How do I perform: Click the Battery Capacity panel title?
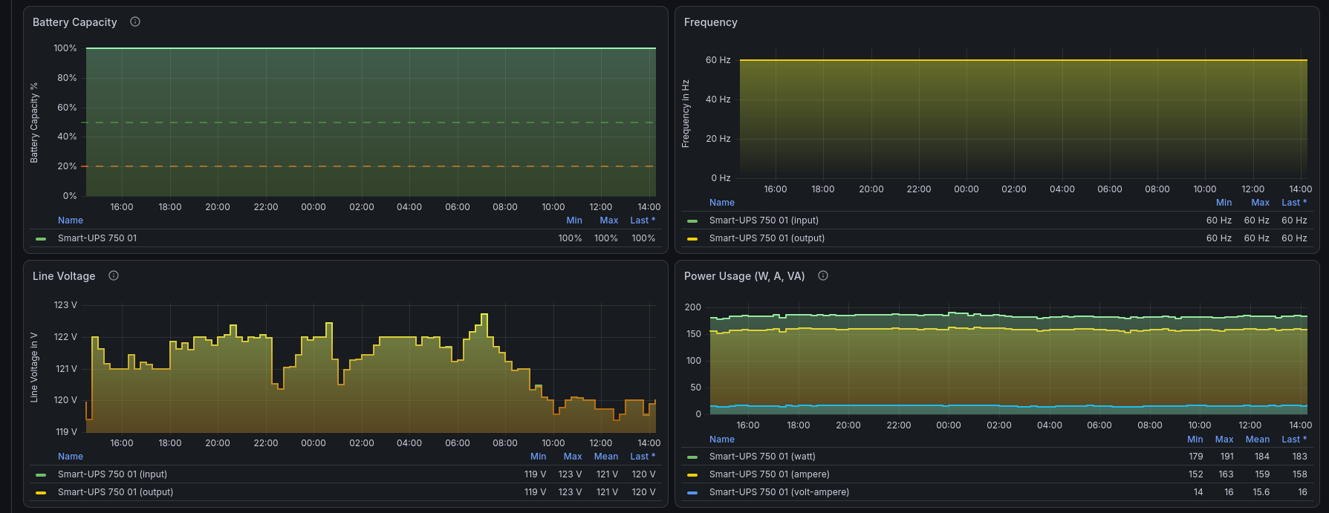(75, 22)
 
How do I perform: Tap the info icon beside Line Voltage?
(114, 275)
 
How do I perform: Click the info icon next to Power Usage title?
(823, 275)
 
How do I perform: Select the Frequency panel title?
(711, 22)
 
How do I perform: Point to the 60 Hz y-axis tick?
(718, 60)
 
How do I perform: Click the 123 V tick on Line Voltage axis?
(65, 305)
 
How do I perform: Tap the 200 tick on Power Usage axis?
(693, 307)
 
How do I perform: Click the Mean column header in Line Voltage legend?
(606, 457)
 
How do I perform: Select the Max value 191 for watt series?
(1226, 457)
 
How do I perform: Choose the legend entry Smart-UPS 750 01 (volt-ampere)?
(779, 492)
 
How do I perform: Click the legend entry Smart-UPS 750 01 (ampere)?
(770, 474)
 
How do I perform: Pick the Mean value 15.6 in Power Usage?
(1261, 492)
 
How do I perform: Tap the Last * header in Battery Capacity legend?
(643, 220)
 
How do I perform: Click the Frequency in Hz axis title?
(686, 114)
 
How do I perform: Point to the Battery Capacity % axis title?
(34, 122)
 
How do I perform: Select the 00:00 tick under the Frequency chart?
(966, 189)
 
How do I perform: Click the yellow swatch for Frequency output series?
(692, 239)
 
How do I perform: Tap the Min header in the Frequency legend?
(1224, 203)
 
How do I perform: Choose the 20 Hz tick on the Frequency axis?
(718, 139)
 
